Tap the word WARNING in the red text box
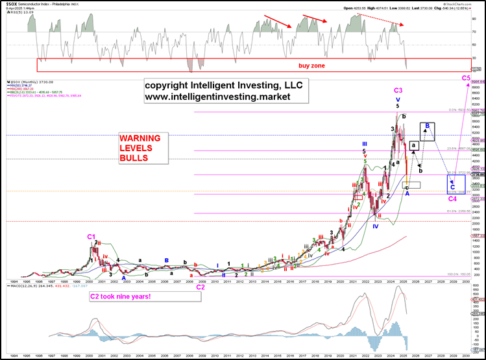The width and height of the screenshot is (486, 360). [143, 139]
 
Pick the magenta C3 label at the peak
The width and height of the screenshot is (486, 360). [398, 90]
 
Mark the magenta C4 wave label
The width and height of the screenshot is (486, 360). [453, 199]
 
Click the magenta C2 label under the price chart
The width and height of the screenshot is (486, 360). [200, 286]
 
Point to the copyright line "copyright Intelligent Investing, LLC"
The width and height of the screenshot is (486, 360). [223, 86]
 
